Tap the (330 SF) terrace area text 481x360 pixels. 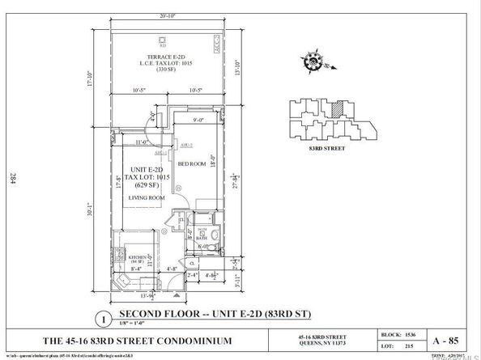(167, 70)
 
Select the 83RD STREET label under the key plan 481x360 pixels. (324, 148)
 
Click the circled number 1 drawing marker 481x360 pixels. (103, 318)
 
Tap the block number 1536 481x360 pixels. (411, 332)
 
